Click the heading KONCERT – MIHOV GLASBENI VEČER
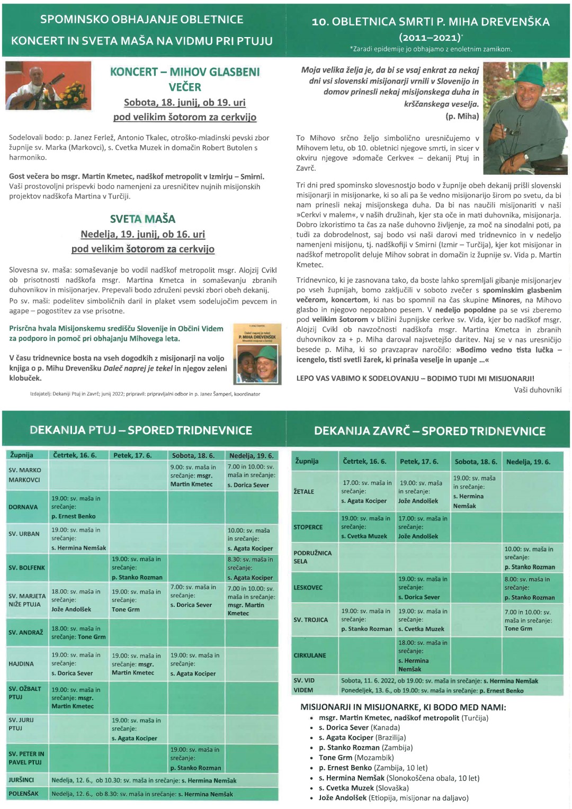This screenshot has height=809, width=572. [x=185, y=79]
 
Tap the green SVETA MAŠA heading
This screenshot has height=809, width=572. [x=142, y=219]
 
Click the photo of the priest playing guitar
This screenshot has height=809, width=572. [x=48, y=85]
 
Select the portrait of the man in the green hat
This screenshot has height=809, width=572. [x=525, y=118]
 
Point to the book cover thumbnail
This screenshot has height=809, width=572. [x=257, y=354]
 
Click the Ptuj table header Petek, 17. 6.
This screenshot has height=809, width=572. [x=132, y=455]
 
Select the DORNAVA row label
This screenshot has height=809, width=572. [x=23, y=507]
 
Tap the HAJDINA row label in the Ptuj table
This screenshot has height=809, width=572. [x=21, y=663]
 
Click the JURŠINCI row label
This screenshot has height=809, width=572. [x=21, y=780]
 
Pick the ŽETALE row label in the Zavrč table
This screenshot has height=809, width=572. [x=304, y=491]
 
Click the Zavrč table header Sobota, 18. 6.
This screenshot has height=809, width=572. [x=476, y=462]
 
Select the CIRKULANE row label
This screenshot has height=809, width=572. [x=310, y=655]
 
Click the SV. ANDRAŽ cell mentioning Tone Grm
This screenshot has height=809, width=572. [x=78, y=633]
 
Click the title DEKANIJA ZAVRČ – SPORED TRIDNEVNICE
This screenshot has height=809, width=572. [x=430, y=431]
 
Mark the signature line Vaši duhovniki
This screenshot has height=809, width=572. [x=538, y=390]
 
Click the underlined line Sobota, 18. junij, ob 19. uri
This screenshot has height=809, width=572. [x=185, y=103]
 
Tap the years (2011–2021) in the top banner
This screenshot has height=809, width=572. [x=430, y=37]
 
